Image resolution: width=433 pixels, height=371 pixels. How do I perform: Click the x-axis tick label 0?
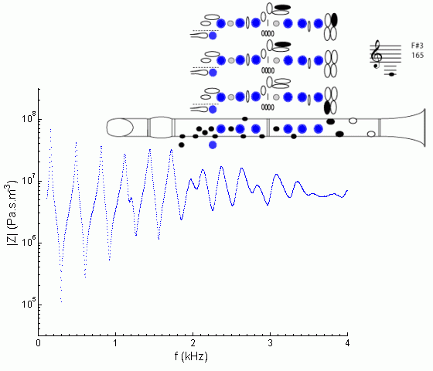[39, 343]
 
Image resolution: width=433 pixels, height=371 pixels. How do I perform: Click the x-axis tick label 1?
[115, 343]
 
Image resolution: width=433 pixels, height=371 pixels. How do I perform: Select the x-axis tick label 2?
[193, 343]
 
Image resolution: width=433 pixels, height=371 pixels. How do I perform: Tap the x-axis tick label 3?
[270, 343]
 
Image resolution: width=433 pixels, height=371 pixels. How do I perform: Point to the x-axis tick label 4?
[347, 343]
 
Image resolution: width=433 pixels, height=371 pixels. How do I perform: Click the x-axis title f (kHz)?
[191, 356]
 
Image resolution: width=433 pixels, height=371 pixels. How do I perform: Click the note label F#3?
[417, 46]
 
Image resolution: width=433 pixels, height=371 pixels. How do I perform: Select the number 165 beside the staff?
[418, 55]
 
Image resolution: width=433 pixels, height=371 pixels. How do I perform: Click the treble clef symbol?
[376, 54]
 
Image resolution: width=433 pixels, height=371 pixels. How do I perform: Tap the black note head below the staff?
[391, 74]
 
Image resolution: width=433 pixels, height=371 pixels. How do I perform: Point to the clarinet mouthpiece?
[120, 128]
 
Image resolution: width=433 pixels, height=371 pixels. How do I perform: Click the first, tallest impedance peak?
[50, 129]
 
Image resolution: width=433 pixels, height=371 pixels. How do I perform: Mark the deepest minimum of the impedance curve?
[61, 301]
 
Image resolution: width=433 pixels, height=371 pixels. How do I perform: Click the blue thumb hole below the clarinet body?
[213, 145]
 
